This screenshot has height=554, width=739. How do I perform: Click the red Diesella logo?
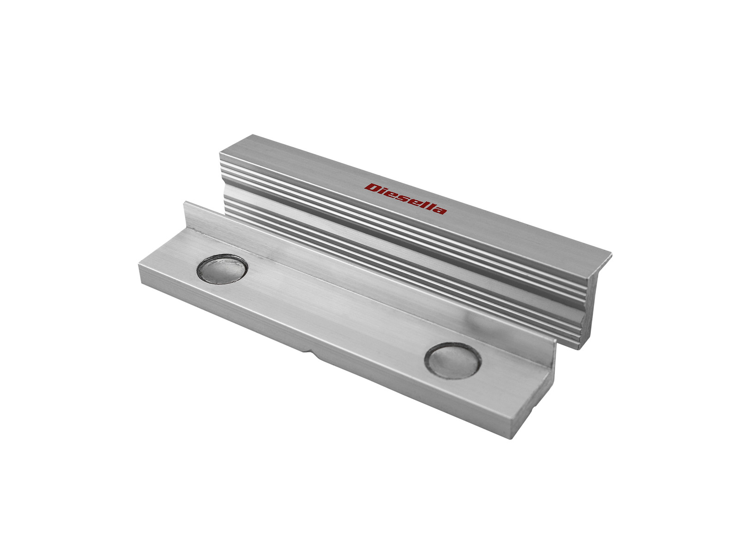(x=406, y=199)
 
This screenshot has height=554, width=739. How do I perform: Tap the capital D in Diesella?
(x=371, y=188)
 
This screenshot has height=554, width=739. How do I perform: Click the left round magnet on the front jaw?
(x=222, y=269)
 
